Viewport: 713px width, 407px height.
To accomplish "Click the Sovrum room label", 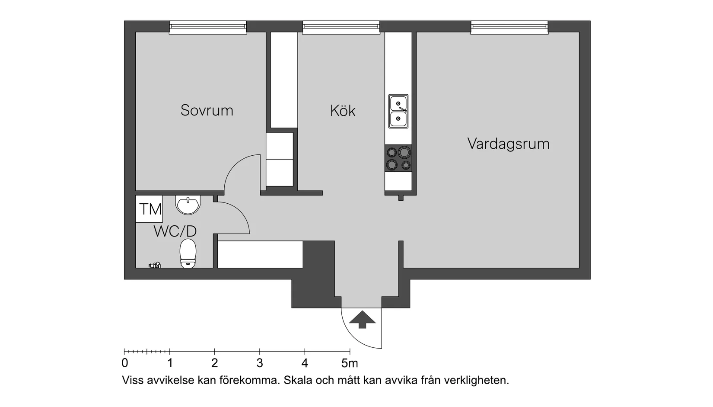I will (x=207, y=110).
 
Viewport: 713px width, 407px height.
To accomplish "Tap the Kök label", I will (x=343, y=111).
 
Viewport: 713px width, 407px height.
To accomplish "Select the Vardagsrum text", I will (x=508, y=144).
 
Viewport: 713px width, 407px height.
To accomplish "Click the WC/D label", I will (x=175, y=231).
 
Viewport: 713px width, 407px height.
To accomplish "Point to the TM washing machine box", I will (x=150, y=209).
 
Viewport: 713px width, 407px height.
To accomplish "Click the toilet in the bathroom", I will (x=188, y=253).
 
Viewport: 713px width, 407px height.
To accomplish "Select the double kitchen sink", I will (x=398, y=111).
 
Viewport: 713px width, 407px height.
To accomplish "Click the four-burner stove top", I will (x=398, y=158).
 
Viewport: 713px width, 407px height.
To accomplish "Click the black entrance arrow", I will (x=362, y=320).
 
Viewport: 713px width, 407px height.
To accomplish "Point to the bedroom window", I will (x=208, y=28).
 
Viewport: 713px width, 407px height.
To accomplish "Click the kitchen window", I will (x=341, y=28).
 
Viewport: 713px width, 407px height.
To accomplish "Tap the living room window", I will (x=509, y=28).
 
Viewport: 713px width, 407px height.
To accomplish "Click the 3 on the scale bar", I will (x=259, y=363).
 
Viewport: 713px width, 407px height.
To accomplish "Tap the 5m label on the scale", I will (x=349, y=363).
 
